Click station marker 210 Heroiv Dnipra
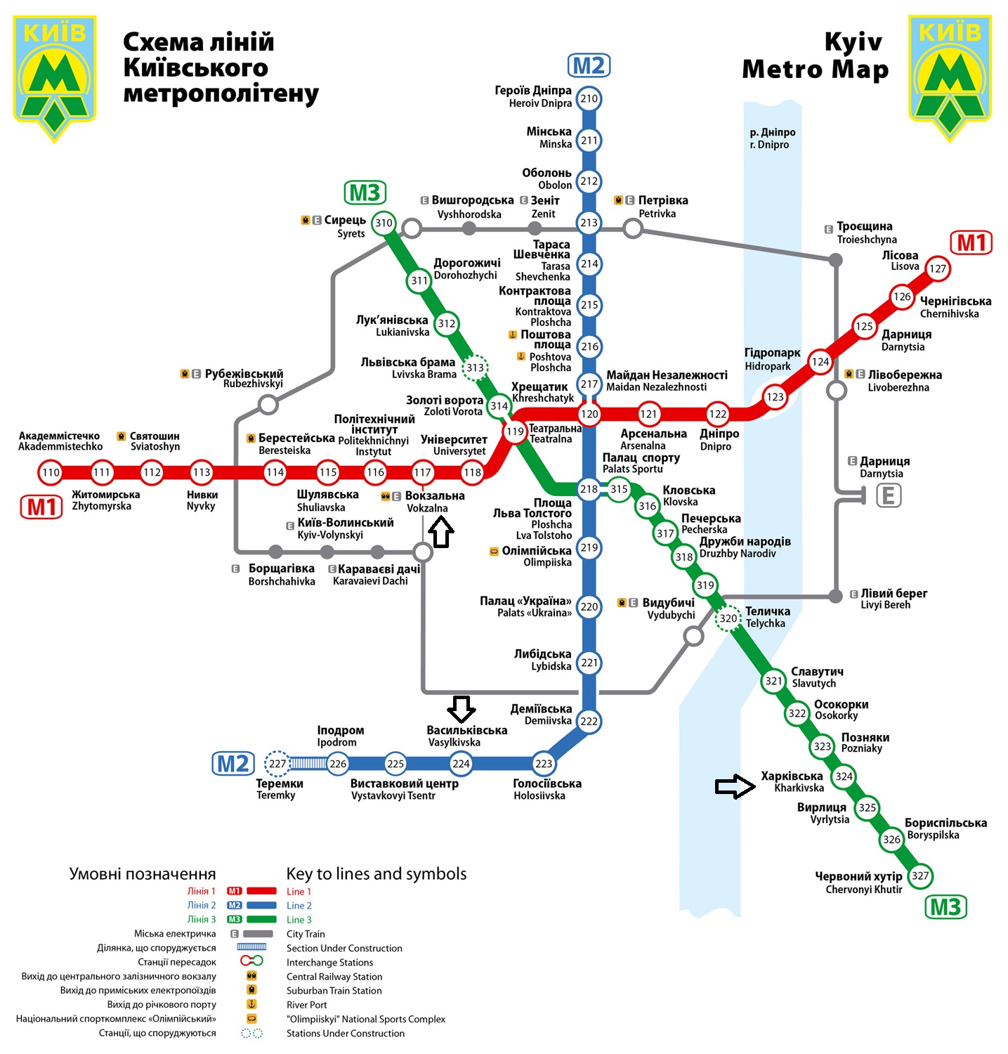click(x=589, y=98)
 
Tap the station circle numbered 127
click(x=938, y=268)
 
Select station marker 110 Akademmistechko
click(x=51, y=472)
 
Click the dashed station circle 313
click(x=476, y=367)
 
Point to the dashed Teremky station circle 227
click(x=277, y=764)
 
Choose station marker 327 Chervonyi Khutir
click(x=920, y=876)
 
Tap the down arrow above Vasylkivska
click(x=462, y=709)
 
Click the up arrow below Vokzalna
click(x=440, y=532)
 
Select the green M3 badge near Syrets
click(x=365, y=193)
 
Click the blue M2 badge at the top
click(x=589, y=65)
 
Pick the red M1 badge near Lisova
click(x=971, y=242)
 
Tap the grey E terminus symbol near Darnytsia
click(x=888, y=496)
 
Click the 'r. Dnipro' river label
click(x=769, y=145)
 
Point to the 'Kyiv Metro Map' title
click(x=816, y=56)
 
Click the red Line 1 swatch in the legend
click(x=261, y=891)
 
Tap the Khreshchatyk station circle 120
click(x=589, y=414)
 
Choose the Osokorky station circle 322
click(x=797, y=714)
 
